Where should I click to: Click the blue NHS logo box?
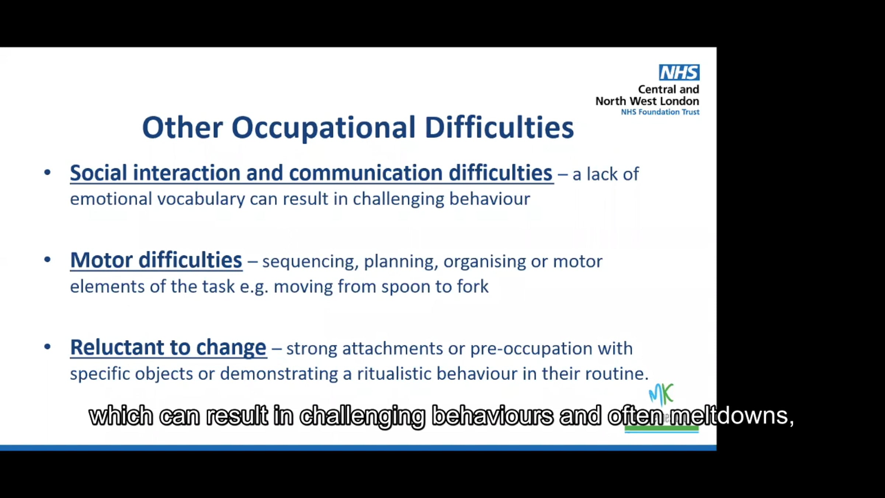[679, 72]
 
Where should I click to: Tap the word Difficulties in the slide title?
[499, 127]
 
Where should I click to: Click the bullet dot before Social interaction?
[47, 172]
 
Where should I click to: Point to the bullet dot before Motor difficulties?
[47, 260]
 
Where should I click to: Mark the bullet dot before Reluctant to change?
[47, 347]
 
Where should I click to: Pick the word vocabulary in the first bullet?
[201, 199]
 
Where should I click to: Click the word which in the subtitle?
[121, 416]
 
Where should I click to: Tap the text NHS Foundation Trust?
[660, 112]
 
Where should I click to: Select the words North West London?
[647, 101]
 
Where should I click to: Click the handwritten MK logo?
[661, 394]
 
